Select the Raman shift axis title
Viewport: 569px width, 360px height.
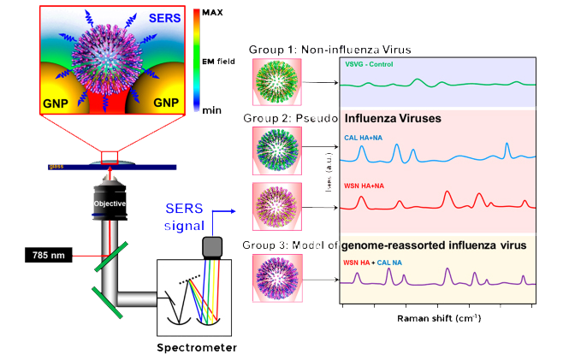tap(438, 318)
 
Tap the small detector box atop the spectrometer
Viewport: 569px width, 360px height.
tap(210, 245)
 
